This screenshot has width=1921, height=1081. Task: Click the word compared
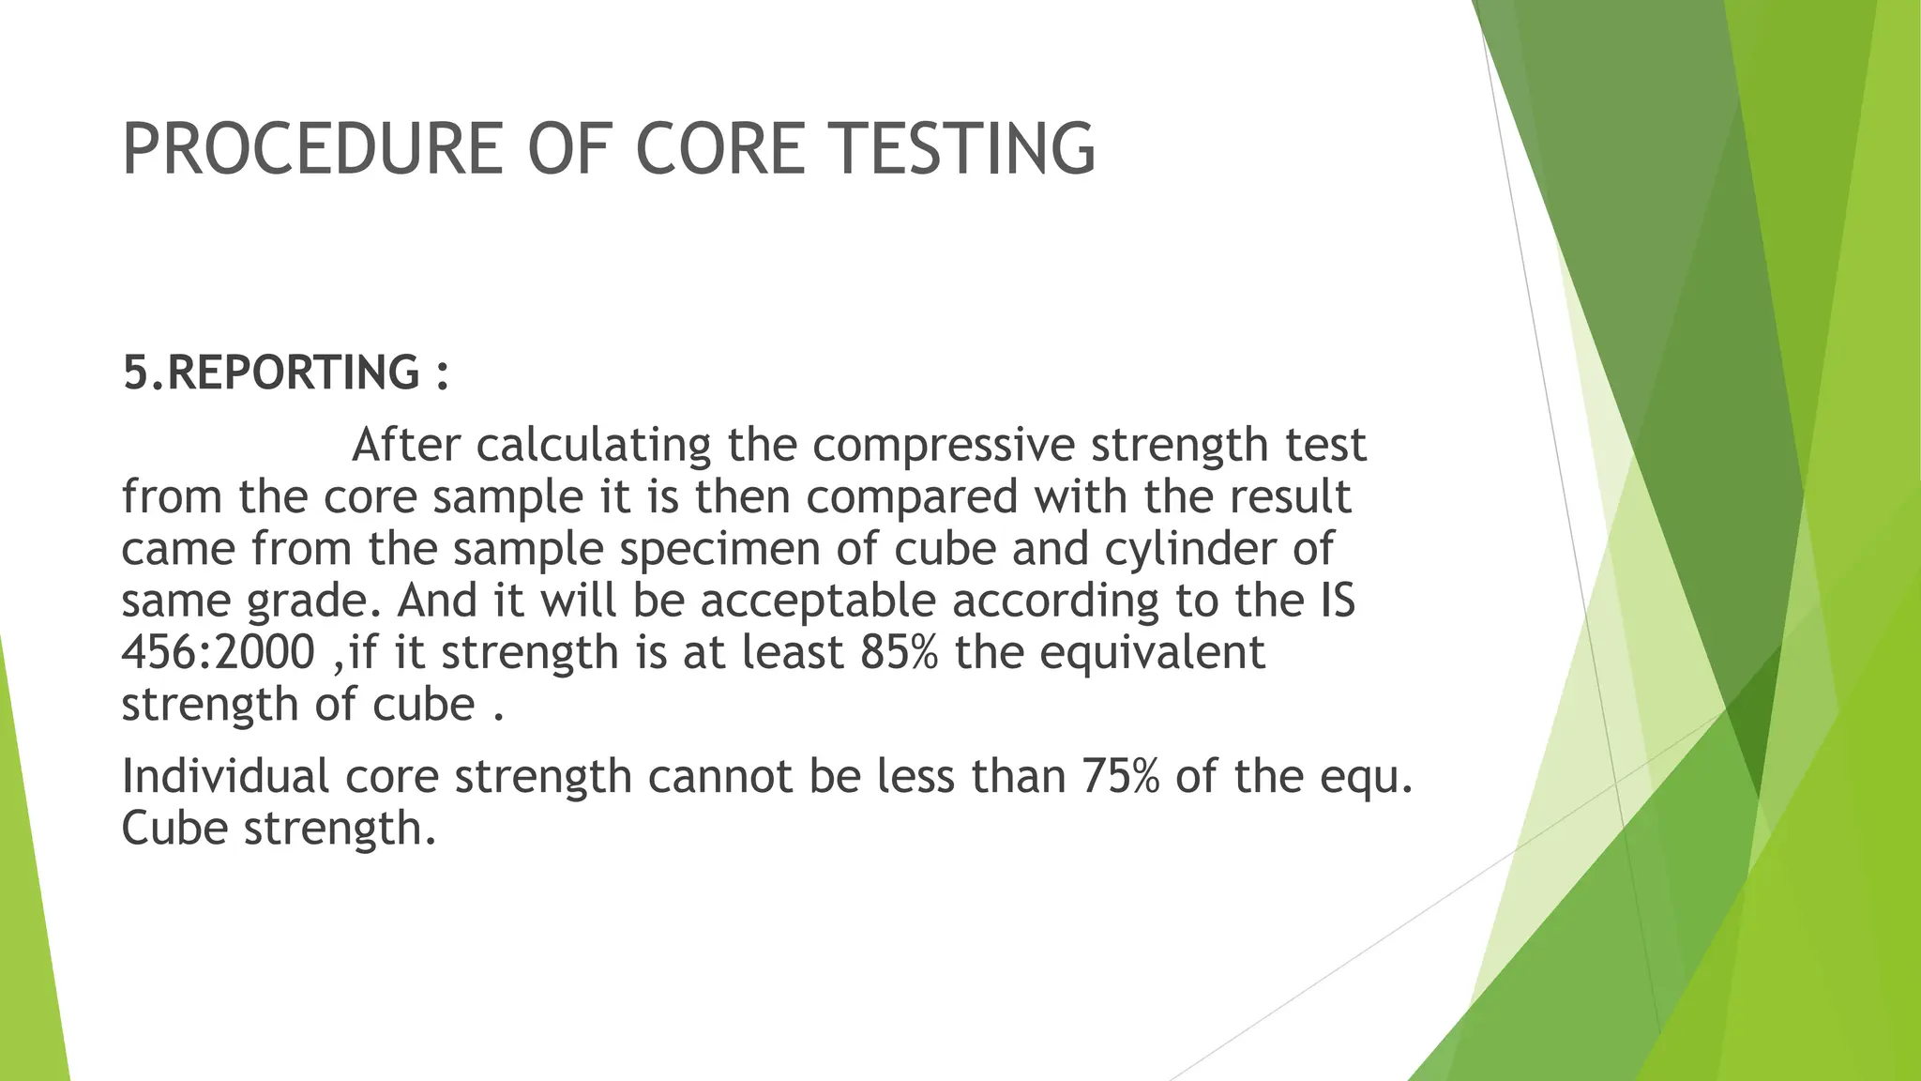point(911,497)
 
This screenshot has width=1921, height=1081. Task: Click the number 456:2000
point(218,652)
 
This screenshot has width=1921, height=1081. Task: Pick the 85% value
point(898,652)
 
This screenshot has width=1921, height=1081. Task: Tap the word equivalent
point(1153,654)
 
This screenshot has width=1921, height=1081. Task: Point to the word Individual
point(225,777)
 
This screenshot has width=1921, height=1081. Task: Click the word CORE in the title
point(719,149)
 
